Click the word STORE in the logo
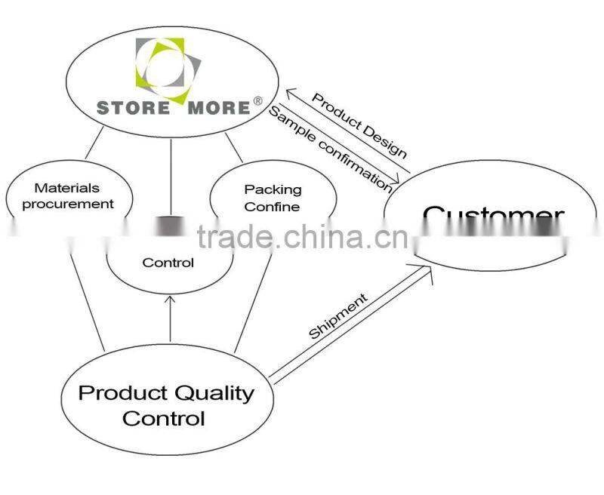(x=133, y=106)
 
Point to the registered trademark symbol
(x=257, y=100)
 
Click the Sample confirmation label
(x=331, y=148)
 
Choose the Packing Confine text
(x=273, y=198)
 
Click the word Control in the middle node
(x=168, y=263)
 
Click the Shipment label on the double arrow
(x=338, y=316)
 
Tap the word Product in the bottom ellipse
(x=124, y=393)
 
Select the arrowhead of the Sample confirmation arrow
(x=395, y=185)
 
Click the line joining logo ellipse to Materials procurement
(x=97, y=143)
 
